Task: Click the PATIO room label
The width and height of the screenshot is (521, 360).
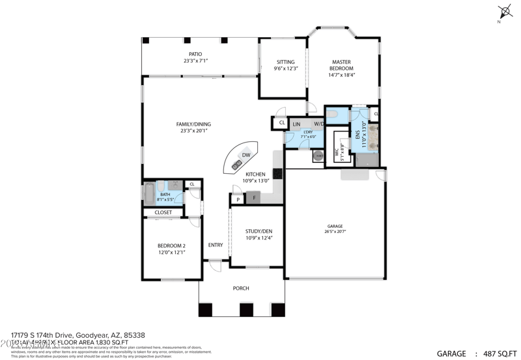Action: (x=195, y=54)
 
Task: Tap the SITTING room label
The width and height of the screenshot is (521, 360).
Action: (x=286, y=62)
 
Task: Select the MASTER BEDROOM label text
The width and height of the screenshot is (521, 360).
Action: (x=341, y=65)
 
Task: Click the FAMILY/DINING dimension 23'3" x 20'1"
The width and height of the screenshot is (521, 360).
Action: (x=193, y=131)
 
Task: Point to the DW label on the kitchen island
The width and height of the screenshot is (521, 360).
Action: (x=246, y=155)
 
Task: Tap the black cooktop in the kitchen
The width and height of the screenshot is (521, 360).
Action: (x=277, y=174)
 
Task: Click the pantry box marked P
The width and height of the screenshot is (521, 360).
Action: (x=238, y=199)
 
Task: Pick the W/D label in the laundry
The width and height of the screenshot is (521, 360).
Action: (x=319, y=124)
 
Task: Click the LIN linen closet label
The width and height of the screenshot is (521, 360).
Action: (x=297, y=124)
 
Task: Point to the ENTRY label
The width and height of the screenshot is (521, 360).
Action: (x=215, y=245)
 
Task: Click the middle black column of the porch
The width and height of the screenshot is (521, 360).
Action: (x=246, y=309)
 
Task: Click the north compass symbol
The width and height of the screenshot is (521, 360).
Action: (x=501, y=10)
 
